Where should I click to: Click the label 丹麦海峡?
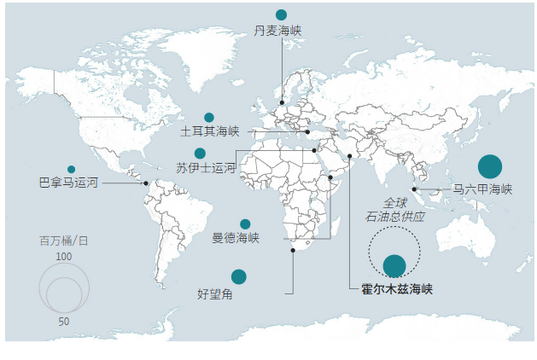coord(278,31)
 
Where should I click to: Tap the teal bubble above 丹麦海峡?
coord(281,15)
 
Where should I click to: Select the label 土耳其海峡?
coord(210,132)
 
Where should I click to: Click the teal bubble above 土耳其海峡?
coord(209,118)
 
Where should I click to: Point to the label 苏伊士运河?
coord(205,167)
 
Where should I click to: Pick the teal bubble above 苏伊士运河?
coord(200,154)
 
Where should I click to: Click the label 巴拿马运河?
coord(69,183)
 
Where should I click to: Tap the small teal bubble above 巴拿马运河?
coord(71,169)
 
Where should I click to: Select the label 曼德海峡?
coord(236,238)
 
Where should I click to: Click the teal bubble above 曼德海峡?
coord(245,224)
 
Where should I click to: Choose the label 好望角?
coord(215,294)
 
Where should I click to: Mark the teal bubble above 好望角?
coord(239,276)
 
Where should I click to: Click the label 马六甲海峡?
coord(482,189)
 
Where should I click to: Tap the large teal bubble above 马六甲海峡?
coord(490,167)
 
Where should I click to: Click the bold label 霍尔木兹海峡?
coord(397,289)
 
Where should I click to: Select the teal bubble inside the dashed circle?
coord(394,266)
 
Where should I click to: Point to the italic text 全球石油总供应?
coord(394,210)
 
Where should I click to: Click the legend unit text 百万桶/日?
coord(63,241)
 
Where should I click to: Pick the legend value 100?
coord(64,256)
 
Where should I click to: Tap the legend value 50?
coord(64,322)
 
